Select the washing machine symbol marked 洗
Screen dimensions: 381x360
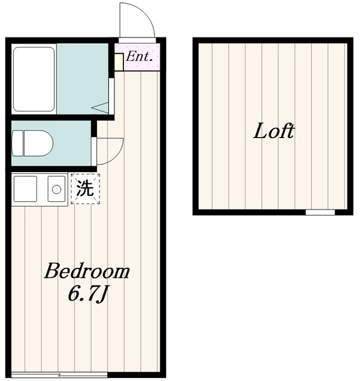point(85,189)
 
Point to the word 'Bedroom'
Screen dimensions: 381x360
point(87,272)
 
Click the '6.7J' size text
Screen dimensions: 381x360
point(88,293)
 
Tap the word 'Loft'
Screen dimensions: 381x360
point(274,132)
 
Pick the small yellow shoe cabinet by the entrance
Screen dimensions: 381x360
point(119,62)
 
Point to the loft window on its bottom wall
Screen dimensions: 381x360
point(320,212)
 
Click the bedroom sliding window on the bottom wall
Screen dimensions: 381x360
point(51,374)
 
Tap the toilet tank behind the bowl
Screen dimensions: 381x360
point(17,143)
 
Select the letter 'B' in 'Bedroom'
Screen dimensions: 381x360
point(52,272)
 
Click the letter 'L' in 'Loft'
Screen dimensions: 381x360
point(260,132)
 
